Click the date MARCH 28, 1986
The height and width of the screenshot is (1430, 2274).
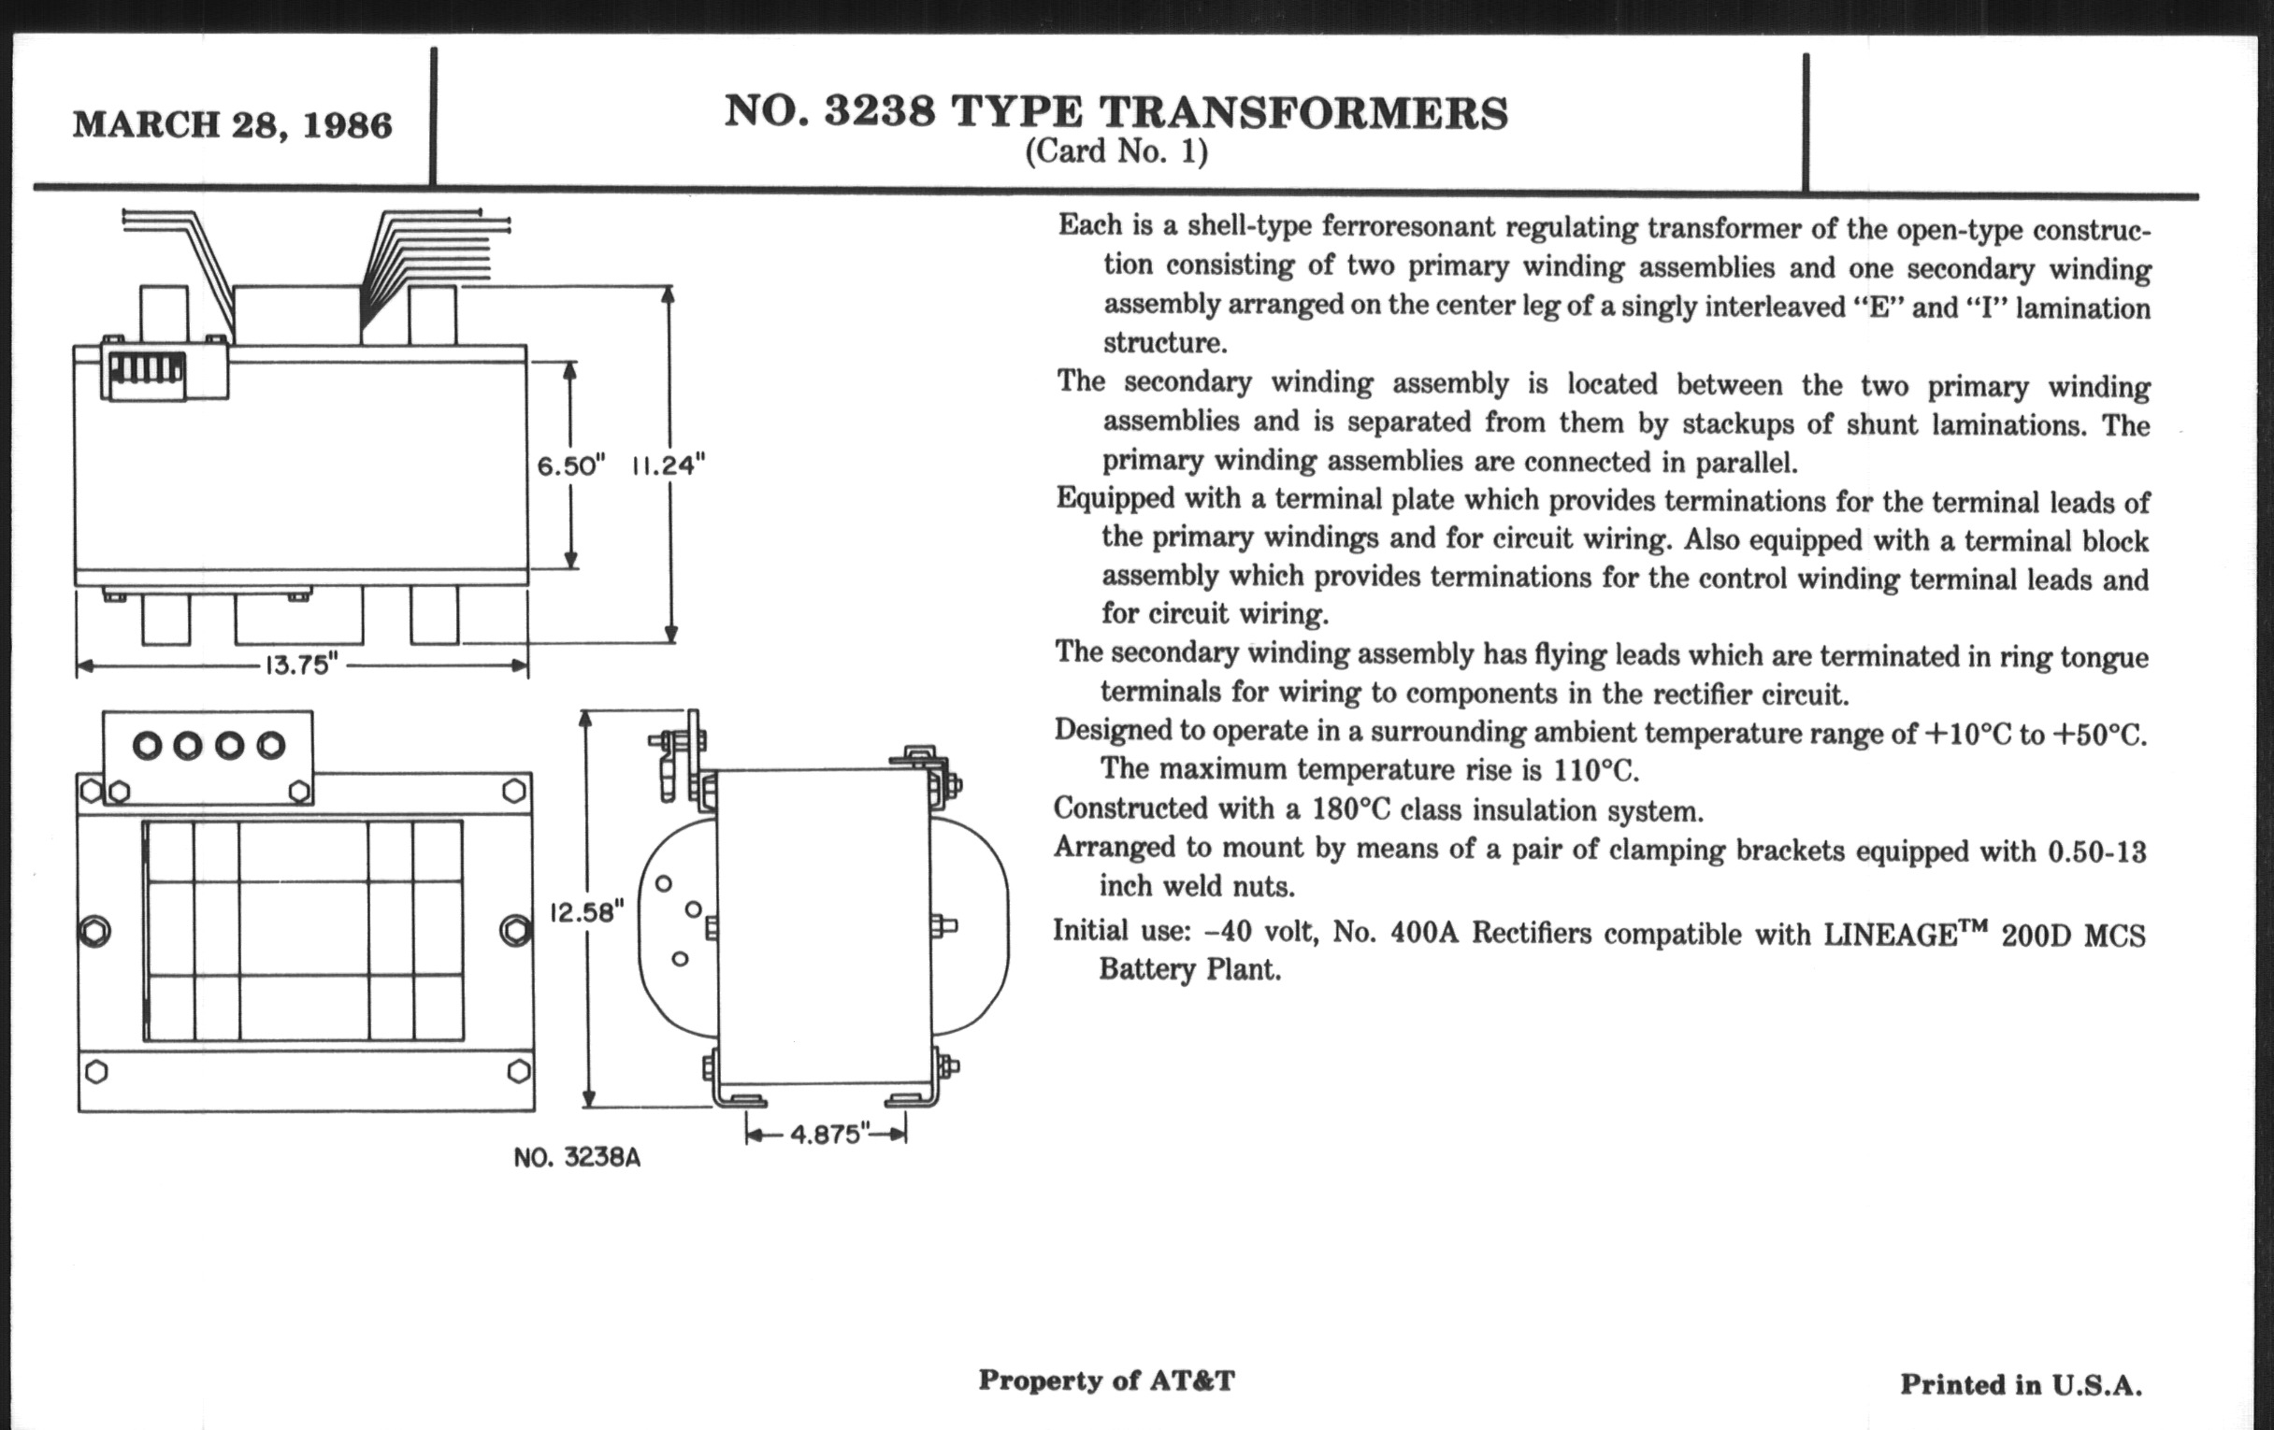(x=232, y=124)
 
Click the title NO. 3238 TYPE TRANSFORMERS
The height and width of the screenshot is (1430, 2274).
(x=1116, y=111)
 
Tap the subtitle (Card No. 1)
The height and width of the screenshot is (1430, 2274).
(x=1116, y=152)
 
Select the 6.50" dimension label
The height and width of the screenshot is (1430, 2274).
(x=570, y=465)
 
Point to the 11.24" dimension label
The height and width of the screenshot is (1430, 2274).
(x=669, y=465)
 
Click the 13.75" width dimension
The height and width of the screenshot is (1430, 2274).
(x=300, y=665)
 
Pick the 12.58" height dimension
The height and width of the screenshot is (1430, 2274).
(x=586, y=913)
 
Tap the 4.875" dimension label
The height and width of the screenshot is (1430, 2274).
(x=826, y=1134)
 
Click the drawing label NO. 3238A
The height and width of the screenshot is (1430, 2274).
(x=577, y=1157)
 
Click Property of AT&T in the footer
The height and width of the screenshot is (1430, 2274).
(x=1106, y=1380)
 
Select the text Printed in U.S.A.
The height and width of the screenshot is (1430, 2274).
(x=2021, y=1385)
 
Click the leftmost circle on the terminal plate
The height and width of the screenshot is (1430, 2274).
(x=148, y=747)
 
